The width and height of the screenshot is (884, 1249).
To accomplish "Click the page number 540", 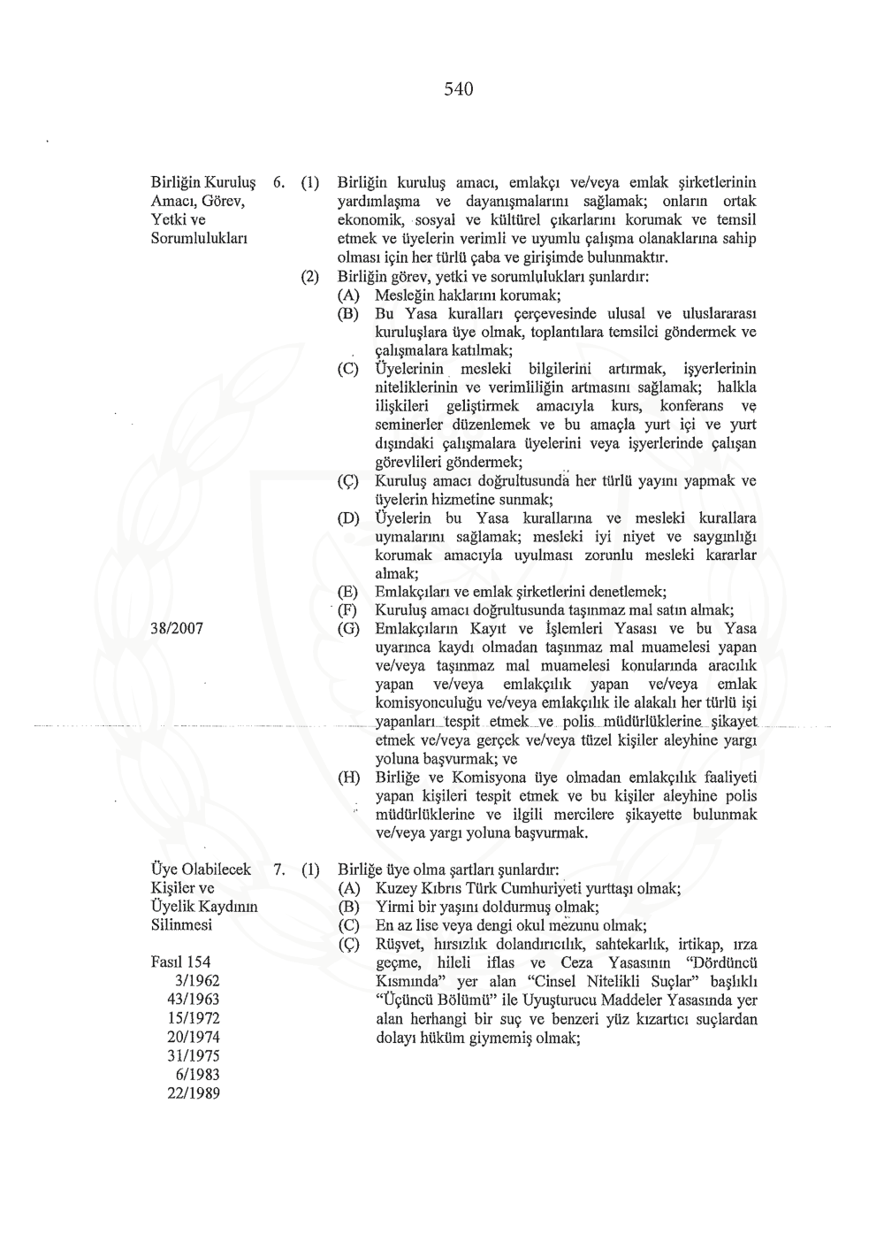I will click(x=459, y=88).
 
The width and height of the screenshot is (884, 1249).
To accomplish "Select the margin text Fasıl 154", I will click(x=181, y=962).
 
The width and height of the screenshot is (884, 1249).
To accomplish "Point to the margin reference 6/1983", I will click(x=197, y=1075).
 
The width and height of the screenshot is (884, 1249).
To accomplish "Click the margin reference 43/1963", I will click(x=194, y=1000).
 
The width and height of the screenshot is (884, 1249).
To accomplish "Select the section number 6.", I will click(x=277, y=183).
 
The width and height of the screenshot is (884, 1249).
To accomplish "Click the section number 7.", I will click(x=277, y=870).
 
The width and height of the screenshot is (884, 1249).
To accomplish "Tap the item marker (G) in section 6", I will click(x=349, y=629).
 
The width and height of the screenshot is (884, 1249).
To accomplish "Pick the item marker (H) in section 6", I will click(x=349, y=778).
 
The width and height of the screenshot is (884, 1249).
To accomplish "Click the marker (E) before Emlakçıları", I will click(x=349, y=592).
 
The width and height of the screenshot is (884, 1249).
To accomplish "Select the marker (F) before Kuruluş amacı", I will click(x=349, y=610).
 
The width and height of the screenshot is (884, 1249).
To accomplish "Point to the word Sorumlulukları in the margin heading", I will click(x=199, y=239).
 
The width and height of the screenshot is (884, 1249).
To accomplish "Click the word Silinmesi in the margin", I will click(x=182, y=925).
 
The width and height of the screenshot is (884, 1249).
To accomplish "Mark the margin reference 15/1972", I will click(x=194, y=1018).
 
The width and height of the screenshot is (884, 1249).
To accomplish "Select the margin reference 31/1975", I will click(x=194, y=1056).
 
